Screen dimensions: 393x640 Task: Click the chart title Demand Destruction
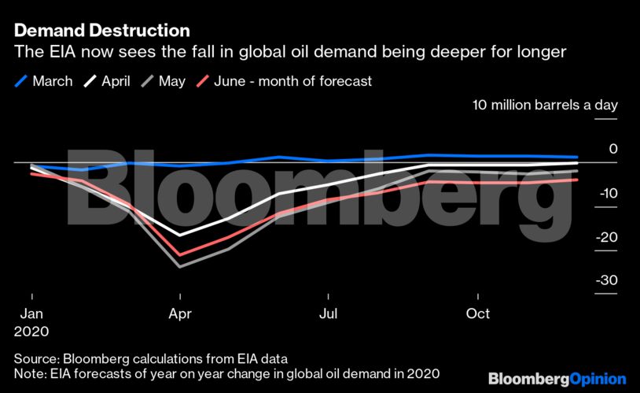pos(101,32)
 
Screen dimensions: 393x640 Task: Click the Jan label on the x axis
pos(31,313)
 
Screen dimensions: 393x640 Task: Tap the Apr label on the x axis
pos(180,313)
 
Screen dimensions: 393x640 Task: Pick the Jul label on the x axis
pos(329,313)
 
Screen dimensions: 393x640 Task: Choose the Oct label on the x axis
pos(477,313)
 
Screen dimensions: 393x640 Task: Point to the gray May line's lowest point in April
pos(180,267)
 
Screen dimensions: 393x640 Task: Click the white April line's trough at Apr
pos(180,235)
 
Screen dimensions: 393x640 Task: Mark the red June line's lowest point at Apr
pos(180,254)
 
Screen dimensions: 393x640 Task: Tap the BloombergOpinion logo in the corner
pos(557,379)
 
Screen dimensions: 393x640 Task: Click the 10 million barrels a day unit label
pos(544,105)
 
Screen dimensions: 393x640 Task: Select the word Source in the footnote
pos(36,356)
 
